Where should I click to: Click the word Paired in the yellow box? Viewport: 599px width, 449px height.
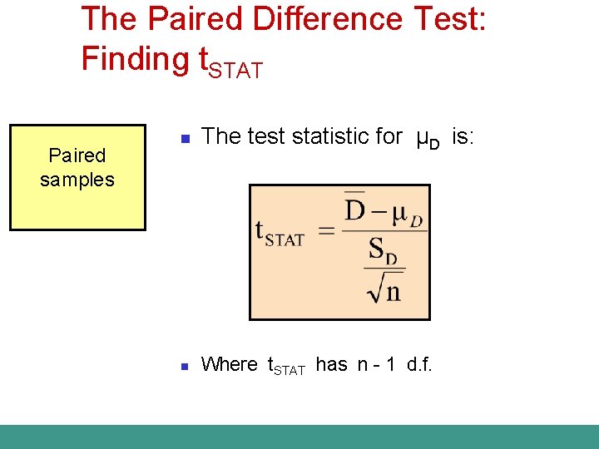tap(77, 155)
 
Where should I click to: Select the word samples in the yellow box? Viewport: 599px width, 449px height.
tap(77, 179)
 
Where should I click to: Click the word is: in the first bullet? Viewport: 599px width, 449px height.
tap(463, 136)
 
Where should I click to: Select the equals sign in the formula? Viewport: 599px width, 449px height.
tap(326, 230)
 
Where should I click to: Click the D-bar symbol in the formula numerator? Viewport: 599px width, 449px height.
tap(355, 208)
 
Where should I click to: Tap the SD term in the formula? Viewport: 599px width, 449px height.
tap(383, 250)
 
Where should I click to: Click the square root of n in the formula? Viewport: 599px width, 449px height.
tap(384, 288)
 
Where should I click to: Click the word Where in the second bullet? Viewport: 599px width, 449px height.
tap(230, 364)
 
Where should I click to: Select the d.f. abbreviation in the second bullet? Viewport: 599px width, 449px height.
tap(419, 364)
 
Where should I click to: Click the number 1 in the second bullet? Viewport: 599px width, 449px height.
tap(389, 364)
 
